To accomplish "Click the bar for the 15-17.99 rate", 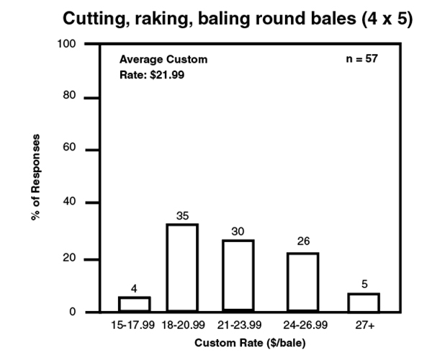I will click(135, 305).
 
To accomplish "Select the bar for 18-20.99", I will click(181, 269).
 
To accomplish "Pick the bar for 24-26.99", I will click(302, 283).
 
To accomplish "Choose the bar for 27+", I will click(364, 303).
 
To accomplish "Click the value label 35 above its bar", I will click(181, 215).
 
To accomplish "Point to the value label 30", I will click(238, 231).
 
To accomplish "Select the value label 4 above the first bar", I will click(135, 289).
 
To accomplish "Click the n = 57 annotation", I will click(362, 58).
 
